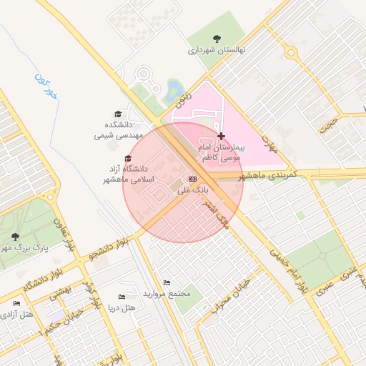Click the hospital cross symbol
click(221, 136)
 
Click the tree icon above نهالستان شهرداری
click(217, 39)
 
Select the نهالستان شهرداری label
click(217, 51)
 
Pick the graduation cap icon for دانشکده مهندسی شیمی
click(118, 114)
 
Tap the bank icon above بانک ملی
click(192, 179)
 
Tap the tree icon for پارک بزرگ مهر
click(15, 236)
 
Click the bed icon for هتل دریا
click(122, 297)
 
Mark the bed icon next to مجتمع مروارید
click(167, 283)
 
